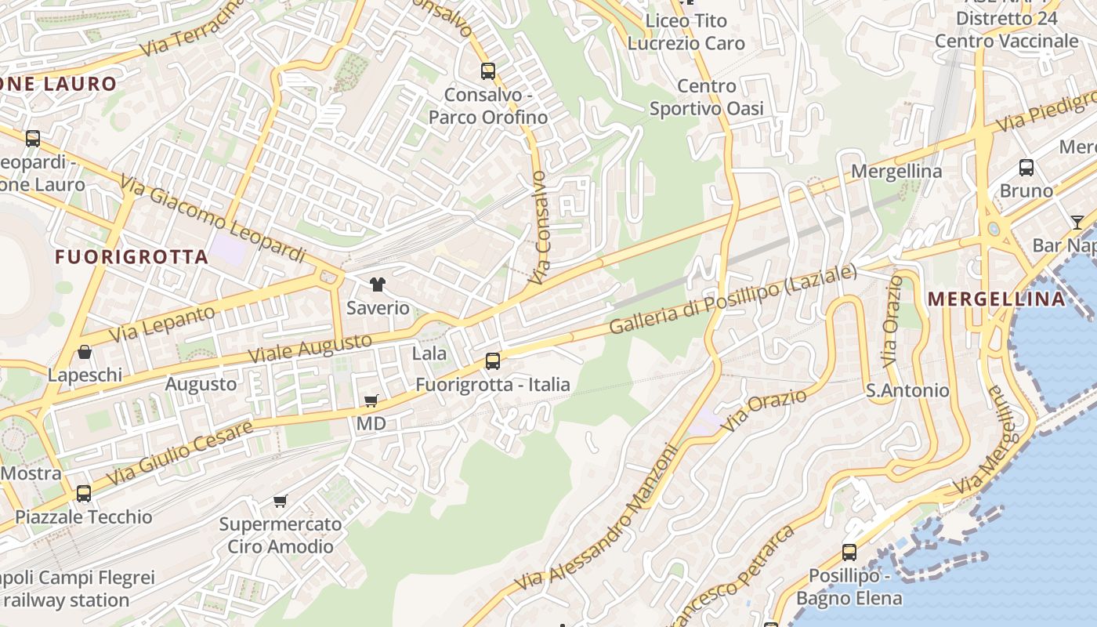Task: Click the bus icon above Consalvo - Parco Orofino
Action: coord(488,71)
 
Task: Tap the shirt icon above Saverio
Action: coord(378,285)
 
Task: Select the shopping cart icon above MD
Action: coord(371,400)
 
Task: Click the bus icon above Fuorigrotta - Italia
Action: coord(492,361)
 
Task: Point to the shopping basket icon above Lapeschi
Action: coord(85,352)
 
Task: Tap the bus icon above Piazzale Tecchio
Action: coord(83,494)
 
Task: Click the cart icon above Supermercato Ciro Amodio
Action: coord(280,501)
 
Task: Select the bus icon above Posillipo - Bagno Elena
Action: coord(849,552)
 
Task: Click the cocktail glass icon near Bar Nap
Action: coord(1077,222)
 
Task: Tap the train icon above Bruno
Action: coord(1026,167)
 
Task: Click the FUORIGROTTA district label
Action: coord(132,257)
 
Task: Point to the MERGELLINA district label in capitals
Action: coord(996,299)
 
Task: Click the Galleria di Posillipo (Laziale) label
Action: coord(733,300)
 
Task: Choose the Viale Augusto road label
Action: coord(310,348)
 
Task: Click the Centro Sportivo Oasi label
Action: coord(706,97)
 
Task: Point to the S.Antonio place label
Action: coord(907,390)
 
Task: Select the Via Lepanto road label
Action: coord(161,324)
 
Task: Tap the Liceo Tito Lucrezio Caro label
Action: coord(686,32)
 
